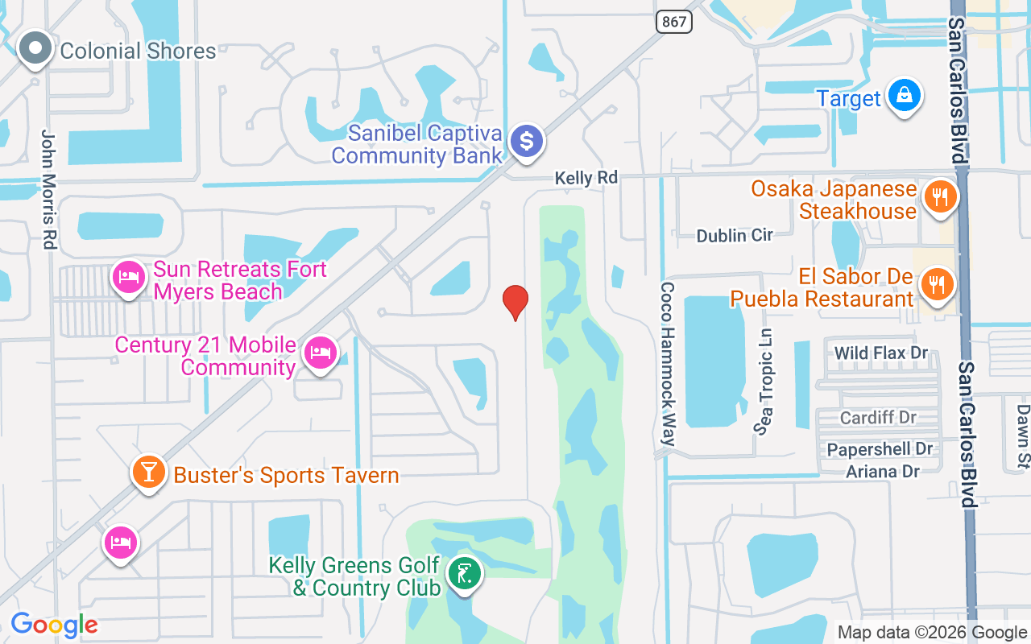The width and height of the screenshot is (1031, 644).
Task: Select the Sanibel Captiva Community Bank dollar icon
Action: [x=527, y=142]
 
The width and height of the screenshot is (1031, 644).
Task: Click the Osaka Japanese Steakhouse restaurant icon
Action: [x=939, y=196]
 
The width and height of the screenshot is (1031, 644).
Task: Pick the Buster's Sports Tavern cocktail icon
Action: [x=149, y=473]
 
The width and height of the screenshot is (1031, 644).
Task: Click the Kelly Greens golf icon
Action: [x=465, y=575]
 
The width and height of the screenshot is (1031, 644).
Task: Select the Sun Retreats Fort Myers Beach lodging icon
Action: [x=128, y=278]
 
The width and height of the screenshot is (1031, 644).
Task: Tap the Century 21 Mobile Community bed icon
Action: [x=321, y=353]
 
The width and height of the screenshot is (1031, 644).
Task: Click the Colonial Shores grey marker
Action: [x=35, y=49]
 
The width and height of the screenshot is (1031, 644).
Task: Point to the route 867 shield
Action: [x=673, y=22]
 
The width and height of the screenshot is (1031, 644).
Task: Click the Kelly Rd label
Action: [x=586, y=178]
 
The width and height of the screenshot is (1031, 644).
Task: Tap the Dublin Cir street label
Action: [x=735, y=235]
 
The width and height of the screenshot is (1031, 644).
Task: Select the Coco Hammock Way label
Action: [x=668, y=364]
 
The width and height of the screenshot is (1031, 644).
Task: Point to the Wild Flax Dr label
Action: [x=881, y=353]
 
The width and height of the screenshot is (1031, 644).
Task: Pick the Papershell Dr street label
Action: [x=880, y=449]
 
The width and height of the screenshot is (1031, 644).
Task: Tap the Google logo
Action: [x=54, y=625]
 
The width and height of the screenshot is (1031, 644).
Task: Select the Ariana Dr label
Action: [x=883, y=472]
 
